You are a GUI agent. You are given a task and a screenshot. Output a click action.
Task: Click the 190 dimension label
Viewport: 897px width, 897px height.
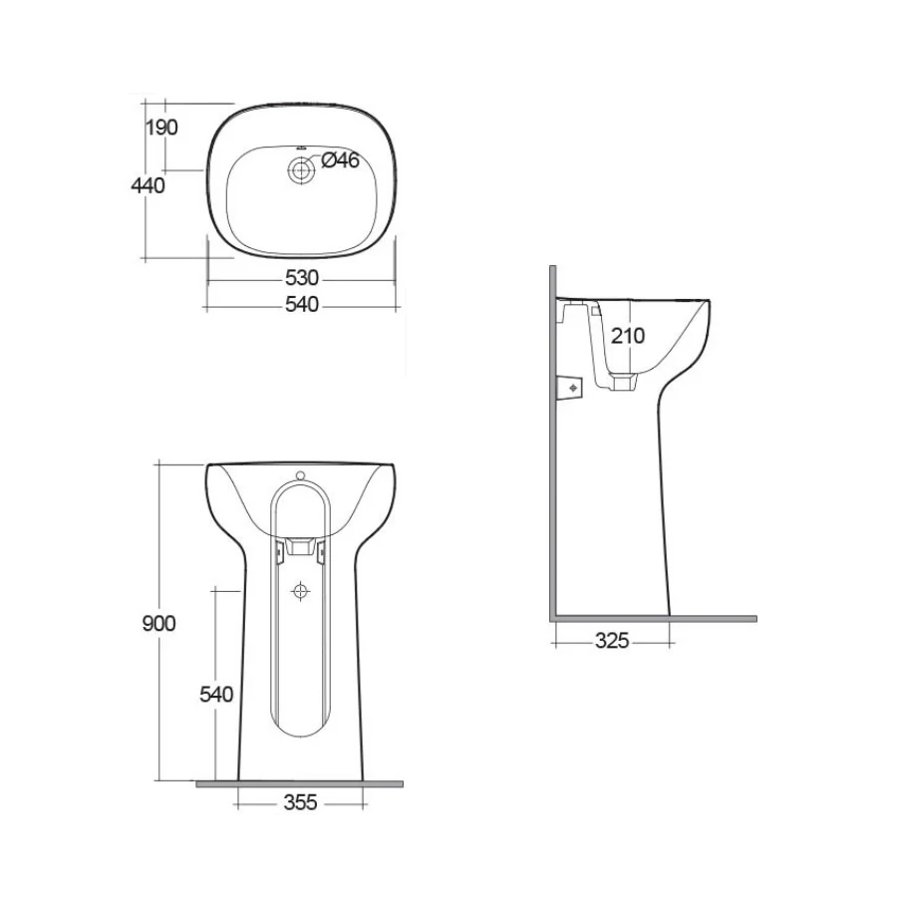tap(161, 128)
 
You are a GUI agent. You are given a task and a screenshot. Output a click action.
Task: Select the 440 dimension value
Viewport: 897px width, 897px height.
tap(149, 185)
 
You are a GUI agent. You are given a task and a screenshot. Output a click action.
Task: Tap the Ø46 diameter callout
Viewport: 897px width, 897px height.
tap(341, 160)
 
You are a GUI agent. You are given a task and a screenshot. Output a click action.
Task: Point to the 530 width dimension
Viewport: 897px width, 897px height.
tap(301, 278)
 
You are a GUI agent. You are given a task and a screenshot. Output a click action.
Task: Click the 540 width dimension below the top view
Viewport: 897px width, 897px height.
tap(301, 304)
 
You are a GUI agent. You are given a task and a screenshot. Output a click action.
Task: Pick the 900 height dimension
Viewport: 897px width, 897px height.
tap(159, 624)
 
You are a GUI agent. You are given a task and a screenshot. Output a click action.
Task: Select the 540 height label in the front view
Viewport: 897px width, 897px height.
tap(216, 695)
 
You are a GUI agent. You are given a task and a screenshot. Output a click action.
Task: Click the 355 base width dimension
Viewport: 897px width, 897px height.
tap(300, 802)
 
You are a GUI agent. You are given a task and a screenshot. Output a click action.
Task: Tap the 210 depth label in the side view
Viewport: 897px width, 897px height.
tap(628, 336)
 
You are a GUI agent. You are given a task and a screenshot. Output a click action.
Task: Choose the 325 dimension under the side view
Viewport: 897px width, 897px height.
tap(612, 641)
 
